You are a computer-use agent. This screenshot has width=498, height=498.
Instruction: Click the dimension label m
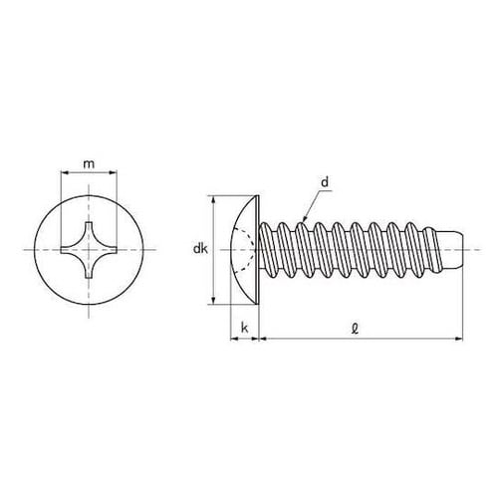coord(89,164)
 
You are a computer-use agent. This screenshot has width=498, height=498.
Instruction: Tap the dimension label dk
coord(200,248)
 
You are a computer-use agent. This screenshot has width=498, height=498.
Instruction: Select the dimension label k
coord(245,328)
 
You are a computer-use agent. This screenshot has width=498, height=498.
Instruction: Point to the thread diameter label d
coord(325,182)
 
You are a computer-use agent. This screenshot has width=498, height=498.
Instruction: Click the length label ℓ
coord(356,329)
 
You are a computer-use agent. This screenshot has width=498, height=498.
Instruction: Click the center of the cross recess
coord(89,250)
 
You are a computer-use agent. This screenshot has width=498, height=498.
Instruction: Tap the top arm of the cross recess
coord(89,232)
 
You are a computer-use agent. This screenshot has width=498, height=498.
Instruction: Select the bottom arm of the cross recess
coord(89,267)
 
